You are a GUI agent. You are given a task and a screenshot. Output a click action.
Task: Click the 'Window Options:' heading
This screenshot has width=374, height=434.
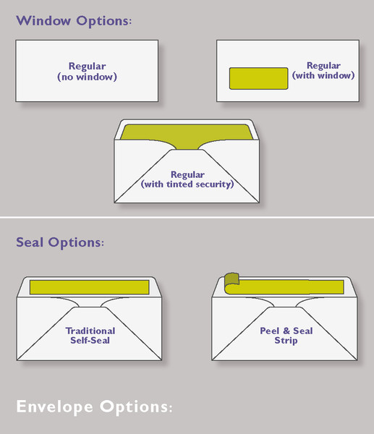(x=74, y=21)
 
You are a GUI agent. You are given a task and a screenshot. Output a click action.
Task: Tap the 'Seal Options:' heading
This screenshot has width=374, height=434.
(x=60, y=242)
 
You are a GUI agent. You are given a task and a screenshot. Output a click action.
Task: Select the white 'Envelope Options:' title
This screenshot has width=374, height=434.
(x=94, y=407)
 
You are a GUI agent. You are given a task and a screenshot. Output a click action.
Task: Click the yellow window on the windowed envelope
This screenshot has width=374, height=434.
(x=258, y=78)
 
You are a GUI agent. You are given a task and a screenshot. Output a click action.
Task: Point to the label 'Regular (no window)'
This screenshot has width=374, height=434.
(x=88, y=72)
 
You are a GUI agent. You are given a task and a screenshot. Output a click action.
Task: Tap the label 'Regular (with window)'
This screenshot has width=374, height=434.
(x=323, y=70)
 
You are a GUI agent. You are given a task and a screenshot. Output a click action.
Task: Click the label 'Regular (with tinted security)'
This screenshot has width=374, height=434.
(x=187, y=179)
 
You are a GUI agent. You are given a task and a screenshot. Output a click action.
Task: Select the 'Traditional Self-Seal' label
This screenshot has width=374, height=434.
(x=90, y=336)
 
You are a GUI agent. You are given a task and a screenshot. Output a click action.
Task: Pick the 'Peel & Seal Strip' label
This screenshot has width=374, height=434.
(x=286, y=336)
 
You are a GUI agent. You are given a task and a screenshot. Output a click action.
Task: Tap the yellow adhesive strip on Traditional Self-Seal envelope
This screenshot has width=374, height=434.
(x=90, y=287)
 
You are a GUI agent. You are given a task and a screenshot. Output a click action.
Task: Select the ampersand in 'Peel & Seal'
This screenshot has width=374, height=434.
(x=286, y=331)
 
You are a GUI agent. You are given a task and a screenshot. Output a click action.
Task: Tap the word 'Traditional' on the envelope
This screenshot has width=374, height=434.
(x=90, y=331)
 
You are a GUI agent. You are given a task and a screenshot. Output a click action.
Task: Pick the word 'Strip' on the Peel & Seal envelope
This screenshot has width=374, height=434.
(x=286, y=341)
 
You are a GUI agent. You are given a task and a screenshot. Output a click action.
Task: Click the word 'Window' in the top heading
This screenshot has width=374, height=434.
(x=43, y=20)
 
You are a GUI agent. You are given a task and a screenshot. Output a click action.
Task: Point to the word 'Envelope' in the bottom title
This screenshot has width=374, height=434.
(x=55, y=407)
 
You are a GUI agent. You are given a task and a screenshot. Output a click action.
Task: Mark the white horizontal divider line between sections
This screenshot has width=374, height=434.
(x=187, y=218)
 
